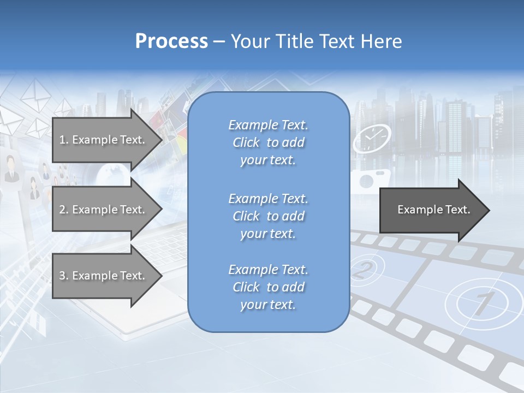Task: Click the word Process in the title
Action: click(x=171, y=41)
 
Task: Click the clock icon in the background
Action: click(x=372, y=139)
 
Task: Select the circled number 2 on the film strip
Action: click(x=364, y=269)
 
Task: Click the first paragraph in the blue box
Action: click(x=268, y=142)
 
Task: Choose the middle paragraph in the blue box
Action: click(x=268, y=216)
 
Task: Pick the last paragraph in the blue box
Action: click(x=268, y=287)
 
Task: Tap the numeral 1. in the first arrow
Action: click(x=63, y=140)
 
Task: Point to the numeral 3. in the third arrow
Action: click(x=63, y=276)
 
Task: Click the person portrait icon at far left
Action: click(x=11, y=169)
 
